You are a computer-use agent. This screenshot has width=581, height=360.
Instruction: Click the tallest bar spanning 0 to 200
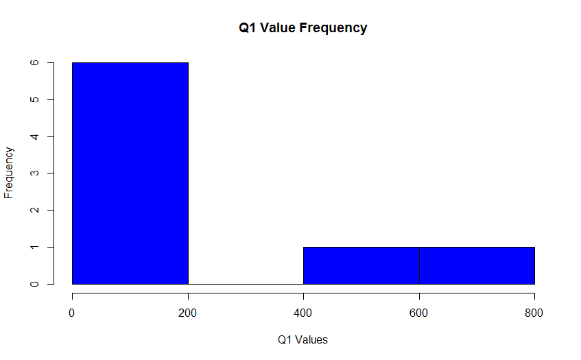click(x=130, y=173)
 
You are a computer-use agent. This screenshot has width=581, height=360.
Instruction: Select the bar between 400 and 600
click(x=361, y=265)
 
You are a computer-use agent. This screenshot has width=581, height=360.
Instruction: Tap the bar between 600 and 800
click(x=477, y=265)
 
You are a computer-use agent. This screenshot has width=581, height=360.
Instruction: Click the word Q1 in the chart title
click(x=248, y=28)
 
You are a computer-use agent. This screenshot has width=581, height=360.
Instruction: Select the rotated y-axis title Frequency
click(x=9, y=173)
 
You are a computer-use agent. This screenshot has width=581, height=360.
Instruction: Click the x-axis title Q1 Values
click(x=303, y=339)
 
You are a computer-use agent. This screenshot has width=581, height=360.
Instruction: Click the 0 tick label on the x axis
click(x=72, y=313)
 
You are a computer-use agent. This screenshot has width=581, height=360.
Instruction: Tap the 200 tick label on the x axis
click(x=188, y=313)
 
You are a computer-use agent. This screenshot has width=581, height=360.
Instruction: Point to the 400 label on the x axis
click(x=303, y=313)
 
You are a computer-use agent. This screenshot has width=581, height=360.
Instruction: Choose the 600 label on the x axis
click(x=419, y=313)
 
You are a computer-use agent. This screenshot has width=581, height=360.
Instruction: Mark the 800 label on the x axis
click(x=534, y=313)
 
